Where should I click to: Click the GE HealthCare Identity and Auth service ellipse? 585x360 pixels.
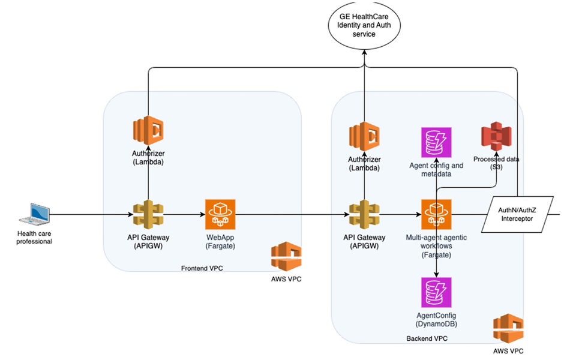pos(364,26)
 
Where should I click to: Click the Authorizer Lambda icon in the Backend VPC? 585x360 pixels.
pos(364,137)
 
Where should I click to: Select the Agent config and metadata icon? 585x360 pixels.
pos(436,143)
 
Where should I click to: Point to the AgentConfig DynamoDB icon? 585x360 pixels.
pos(436,292)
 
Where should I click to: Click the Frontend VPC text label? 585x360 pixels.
pos(202,268)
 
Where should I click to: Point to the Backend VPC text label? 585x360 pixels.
pos(427,339)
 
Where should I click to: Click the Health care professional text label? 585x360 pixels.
pos(35,237)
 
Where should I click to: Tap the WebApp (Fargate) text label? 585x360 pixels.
pos(220,241)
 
